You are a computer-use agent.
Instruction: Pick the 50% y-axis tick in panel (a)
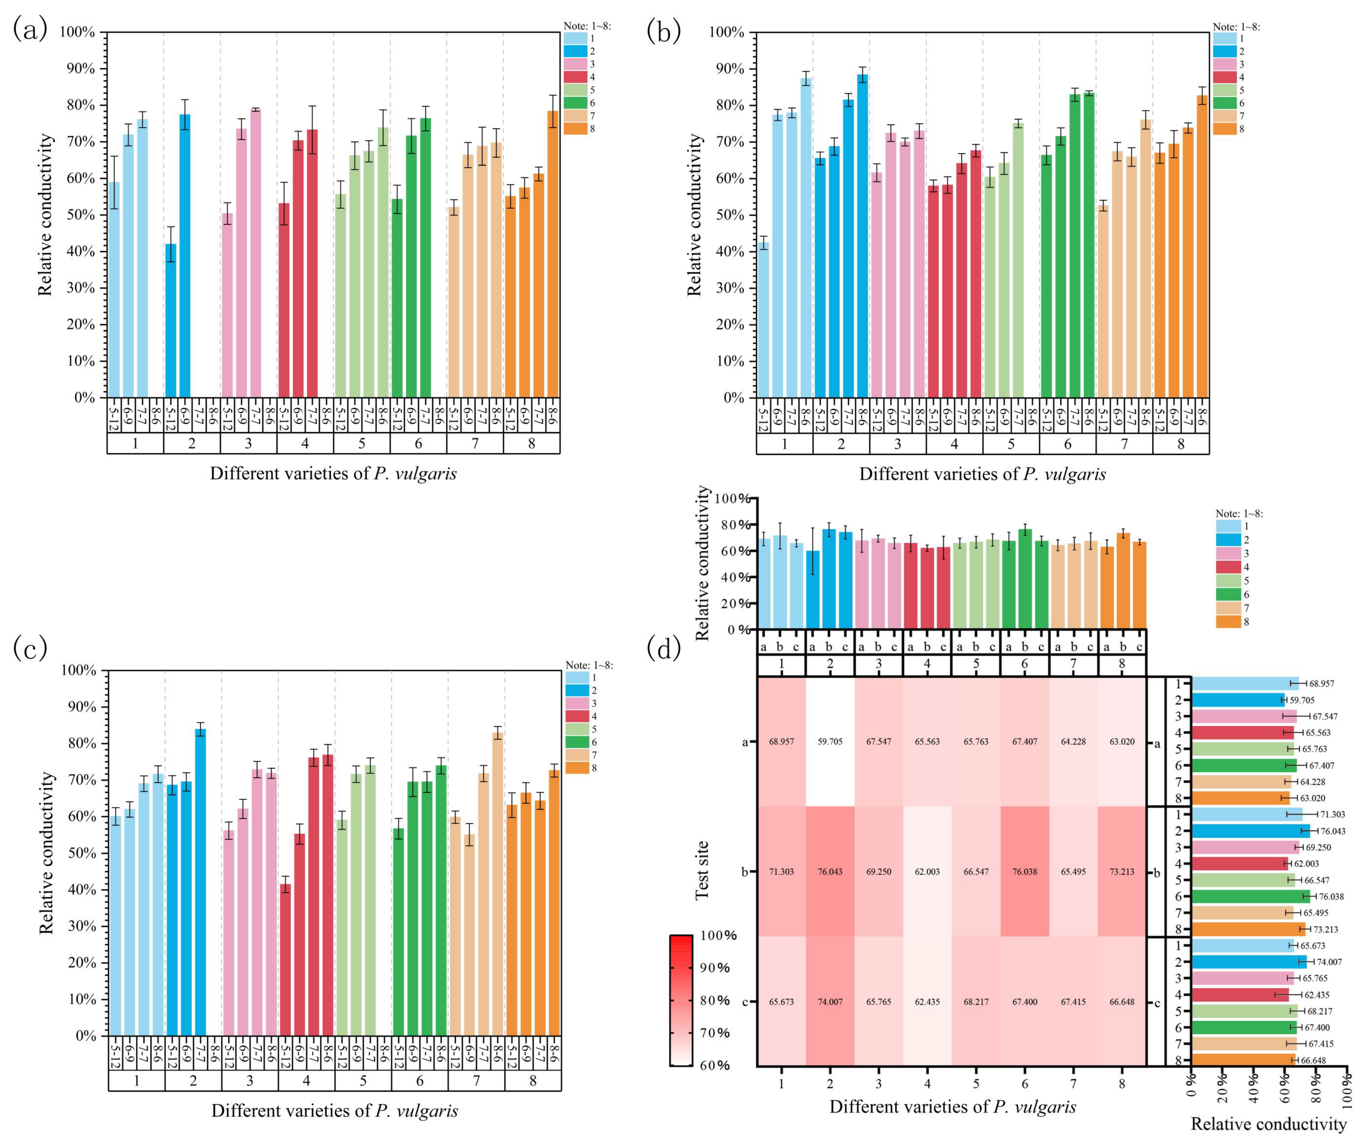(x=80, y=215)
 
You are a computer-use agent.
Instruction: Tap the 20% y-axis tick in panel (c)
(x=81, y=963)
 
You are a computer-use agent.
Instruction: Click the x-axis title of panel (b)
(x=982, y=474)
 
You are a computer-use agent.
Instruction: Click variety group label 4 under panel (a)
(x=305, y=444)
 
